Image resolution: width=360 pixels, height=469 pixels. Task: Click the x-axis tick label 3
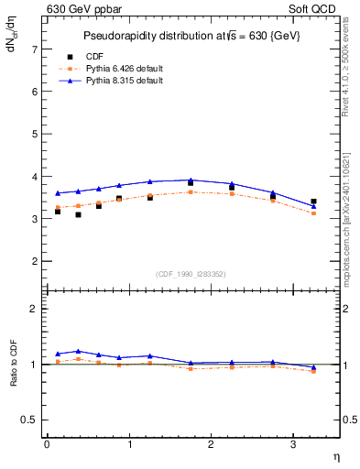292,444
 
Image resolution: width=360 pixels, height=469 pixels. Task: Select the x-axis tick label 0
47,444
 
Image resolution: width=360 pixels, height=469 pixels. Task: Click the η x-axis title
335,455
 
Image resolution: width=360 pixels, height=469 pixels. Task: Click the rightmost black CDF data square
313,202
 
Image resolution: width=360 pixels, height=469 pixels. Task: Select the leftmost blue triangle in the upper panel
58,193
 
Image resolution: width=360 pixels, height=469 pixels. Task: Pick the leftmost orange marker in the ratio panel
58,362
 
